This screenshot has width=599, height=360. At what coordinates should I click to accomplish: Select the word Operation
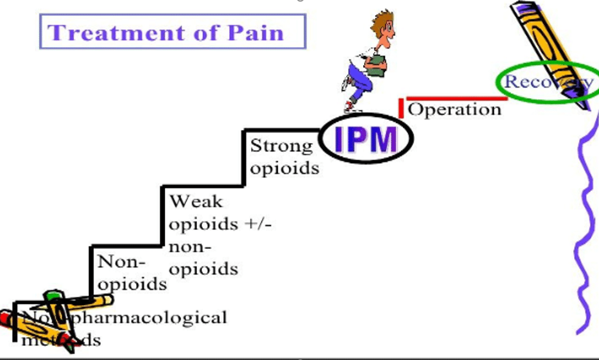pos(454,109)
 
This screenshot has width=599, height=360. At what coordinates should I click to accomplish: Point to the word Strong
pos(281,146)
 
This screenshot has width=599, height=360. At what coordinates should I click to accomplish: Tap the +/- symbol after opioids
pos(258,224)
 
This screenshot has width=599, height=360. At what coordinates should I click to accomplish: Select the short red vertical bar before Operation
pos(401,108)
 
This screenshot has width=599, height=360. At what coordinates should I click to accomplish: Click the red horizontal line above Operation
pos(456,98)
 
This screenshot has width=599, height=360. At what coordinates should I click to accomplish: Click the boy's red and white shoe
pos(351,105)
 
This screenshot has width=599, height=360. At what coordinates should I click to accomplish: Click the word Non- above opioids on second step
pos(122,262)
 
